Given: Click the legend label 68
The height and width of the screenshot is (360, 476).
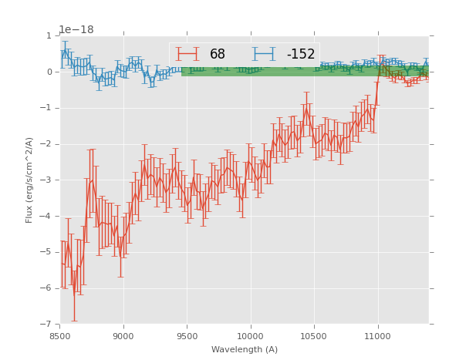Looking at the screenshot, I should pyautogui.click(x=218, y=55).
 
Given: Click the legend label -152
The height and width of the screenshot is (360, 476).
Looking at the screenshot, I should pyautogui.click(x=301, y=55).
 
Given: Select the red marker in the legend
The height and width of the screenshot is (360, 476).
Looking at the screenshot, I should pyautogui.click(x=187, y=54).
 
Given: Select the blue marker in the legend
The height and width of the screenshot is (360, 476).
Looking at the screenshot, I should pyautogui.click(x=264, y=54).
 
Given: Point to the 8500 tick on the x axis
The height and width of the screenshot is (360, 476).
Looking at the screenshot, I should pyautogui.click(x=60, y=336).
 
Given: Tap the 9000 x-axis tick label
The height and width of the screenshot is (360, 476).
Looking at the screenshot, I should pyautogui.click(x=123, y=336).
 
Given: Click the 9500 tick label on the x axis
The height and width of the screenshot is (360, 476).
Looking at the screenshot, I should pyautogui.click(x=187, y=336).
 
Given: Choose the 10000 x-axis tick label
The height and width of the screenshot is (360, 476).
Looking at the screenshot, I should pyautogui.click(x=250, y=336).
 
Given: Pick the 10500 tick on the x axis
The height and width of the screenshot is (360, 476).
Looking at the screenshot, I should pyautogui.click(x=314, y=336).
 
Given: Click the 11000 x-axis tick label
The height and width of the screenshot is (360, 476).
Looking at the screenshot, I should pyautogui.click(x=377, y=336).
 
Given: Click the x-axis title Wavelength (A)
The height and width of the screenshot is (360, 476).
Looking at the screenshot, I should pyautogui.click(x=245, y=350).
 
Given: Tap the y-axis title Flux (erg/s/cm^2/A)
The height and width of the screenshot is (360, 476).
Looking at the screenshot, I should pyautogui.click(x=29, y=180).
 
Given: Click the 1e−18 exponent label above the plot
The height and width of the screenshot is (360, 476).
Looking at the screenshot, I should pyautogui.click(x=76, y=30).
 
